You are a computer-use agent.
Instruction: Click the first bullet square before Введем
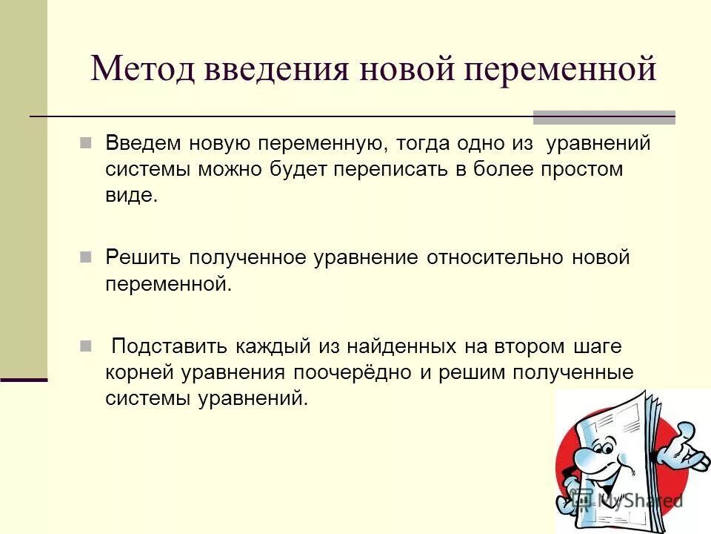(85, 142)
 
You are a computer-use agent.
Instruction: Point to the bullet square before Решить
(85, 257)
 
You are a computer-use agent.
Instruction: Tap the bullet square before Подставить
(85, 346)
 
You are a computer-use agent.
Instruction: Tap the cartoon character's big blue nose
(589, 454)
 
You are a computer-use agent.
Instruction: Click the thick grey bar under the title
(604, 116)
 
